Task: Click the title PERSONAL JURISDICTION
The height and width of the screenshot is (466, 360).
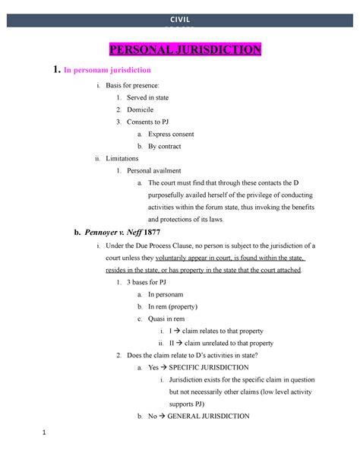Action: pos(186,51)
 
